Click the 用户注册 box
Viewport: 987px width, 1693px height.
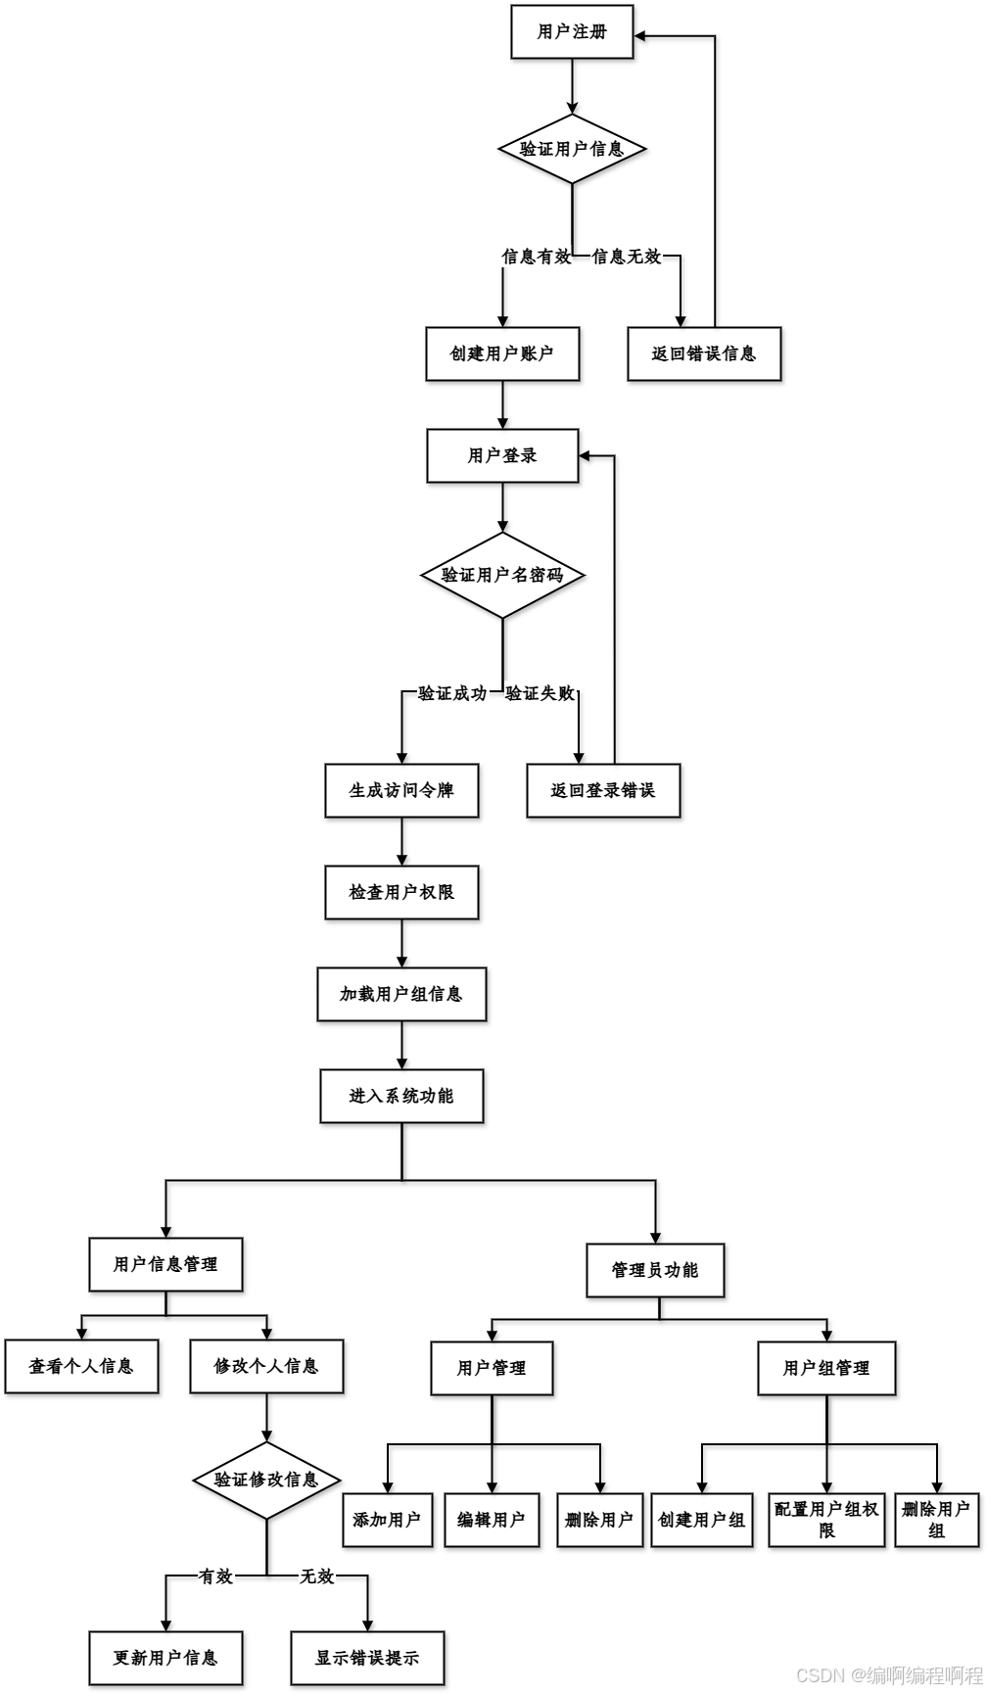[x=572, y=32]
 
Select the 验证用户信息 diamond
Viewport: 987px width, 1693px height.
[x=572, y=149]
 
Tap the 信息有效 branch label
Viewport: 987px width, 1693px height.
[x=536, y=257]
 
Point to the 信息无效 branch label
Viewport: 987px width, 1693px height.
[x=627, y=257]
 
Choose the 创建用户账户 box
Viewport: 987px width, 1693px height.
[x=502, y=353]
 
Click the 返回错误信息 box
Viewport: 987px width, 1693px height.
[x=704, y=353]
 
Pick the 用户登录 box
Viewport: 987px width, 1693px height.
[x=502, y=455]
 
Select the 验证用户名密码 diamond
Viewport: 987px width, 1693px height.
[x=502, y=575]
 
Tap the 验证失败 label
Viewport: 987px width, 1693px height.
[x=540, y=693]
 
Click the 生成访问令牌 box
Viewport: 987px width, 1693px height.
[x=401, y=790]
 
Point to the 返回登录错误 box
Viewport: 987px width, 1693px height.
[x=603, y=790]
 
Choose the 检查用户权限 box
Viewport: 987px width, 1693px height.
[x=401, y=892]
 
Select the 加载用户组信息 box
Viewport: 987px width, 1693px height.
[x=401, y=994]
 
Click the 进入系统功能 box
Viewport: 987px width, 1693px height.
[x=401, y=1096]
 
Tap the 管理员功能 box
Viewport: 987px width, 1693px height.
[x=655, y=1270]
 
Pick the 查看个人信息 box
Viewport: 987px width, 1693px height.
[x=81, y=1366]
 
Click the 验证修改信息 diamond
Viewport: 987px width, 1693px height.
[x=266, y=1480]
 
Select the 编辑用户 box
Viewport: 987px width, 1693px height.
[x=492, y=1520]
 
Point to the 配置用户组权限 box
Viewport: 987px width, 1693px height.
[x=826, y=1520]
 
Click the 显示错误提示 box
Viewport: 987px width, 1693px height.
[x=367, y=1658]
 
